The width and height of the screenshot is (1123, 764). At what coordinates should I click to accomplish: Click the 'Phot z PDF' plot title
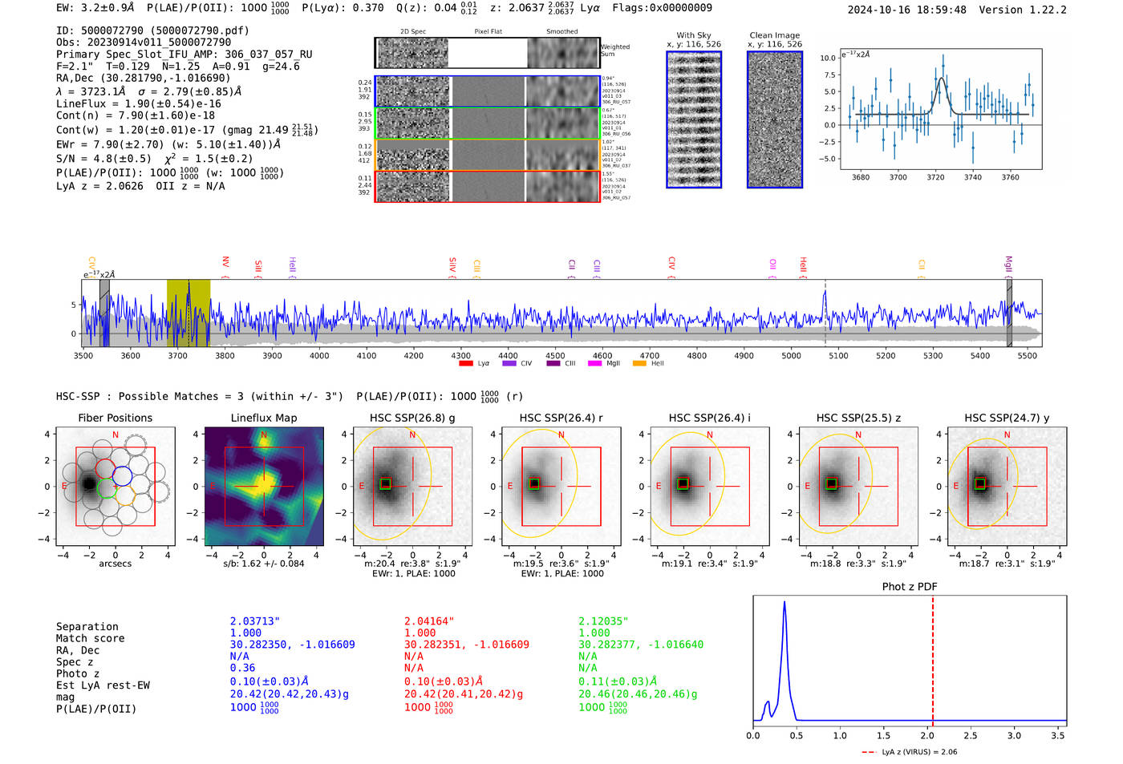(909, 586)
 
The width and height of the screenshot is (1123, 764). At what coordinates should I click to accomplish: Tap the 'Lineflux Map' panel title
(263, 418)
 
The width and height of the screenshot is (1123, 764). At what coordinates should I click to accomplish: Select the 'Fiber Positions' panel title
(115, 418)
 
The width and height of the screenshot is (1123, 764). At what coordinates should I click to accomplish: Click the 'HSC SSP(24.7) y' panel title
(1006, 418)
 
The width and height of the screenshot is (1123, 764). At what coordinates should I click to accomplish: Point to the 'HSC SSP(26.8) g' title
(411, 418)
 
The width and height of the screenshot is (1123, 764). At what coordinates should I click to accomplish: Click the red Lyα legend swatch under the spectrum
(466, 363)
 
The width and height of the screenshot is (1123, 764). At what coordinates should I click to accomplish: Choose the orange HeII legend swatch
(639, 363)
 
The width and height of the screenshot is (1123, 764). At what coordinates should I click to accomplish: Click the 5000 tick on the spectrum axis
(791, 355)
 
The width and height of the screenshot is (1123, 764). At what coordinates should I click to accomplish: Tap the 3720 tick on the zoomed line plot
(935, 177)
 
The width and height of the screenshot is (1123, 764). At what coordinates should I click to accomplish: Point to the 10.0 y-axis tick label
(827, 58)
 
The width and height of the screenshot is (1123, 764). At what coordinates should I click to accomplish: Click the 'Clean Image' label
(774, 35)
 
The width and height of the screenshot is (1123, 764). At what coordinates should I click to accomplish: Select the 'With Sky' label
(693, 35)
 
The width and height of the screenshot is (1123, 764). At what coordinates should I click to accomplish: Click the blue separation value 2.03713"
(254, 621)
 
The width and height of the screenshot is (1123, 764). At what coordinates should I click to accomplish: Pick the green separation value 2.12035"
(603, 621)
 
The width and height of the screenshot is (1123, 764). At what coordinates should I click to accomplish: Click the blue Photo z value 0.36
(242, 668)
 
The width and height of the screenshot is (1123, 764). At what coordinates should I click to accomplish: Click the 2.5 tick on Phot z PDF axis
(971, 735)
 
